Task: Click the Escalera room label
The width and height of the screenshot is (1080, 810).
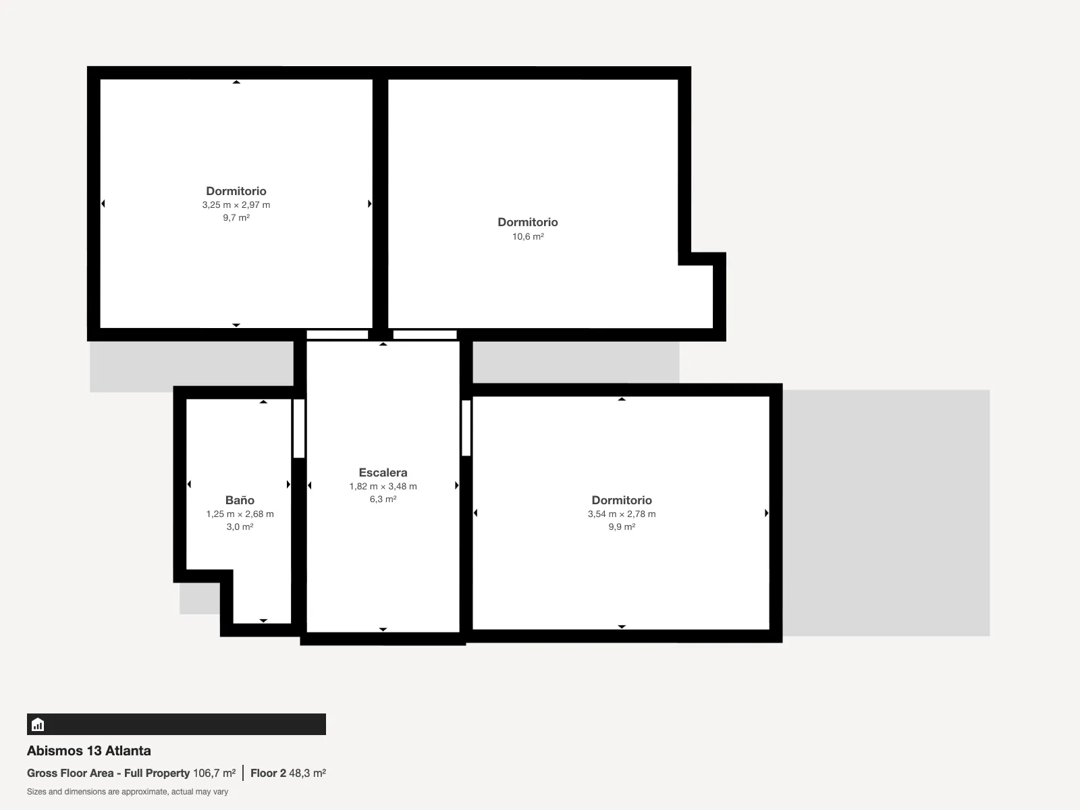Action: coord(383,473)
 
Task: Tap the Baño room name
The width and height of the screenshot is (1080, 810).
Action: coord(240,500)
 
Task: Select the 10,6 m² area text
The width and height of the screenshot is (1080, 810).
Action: coord(528,236)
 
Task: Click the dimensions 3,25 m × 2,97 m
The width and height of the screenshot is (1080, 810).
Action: coord(236,205)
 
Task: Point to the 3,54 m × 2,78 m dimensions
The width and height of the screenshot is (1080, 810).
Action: coord(622,514)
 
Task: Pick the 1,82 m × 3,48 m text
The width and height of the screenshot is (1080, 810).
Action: coord(383,487)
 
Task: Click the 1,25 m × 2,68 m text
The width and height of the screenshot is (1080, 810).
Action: coord(240,514)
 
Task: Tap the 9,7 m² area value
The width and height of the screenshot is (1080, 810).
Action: coord(236,217)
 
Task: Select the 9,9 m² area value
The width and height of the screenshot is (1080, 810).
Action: coord(622,526)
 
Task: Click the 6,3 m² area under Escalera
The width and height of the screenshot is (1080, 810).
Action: coord(383,500)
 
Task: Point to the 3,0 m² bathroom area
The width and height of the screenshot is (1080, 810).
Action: coord(240,526)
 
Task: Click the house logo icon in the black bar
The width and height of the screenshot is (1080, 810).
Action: coord(38,724)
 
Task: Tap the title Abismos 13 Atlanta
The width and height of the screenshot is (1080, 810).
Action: coord(88,751)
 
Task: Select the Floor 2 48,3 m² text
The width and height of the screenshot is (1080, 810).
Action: coord(288,773)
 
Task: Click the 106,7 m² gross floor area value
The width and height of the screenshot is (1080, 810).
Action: coord(214,773)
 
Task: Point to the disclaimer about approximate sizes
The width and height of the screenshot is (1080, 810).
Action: coord(128,792)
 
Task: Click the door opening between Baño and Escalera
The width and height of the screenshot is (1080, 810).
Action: coord(298,429)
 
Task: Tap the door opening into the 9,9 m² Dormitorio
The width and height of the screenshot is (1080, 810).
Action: coord(466,428)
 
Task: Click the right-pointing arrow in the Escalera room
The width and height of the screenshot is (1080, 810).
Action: coord(456,485)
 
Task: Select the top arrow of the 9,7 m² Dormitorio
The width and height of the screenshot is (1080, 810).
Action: coord(236,82)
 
